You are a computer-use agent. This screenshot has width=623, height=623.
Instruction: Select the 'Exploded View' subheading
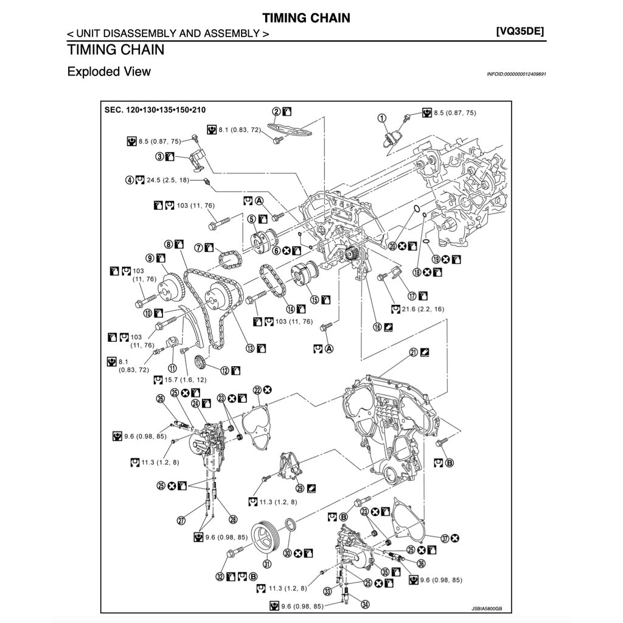pyautogui.click(x=109, y=71)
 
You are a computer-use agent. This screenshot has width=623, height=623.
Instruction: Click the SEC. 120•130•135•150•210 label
pyautogui.click(x=155, y=110)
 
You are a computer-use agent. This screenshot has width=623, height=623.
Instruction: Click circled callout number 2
pyautogui.click(x=276, y=111)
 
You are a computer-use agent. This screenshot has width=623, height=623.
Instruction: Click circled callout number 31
pyautogui.click(x=266, y=563)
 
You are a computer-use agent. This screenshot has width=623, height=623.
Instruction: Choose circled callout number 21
pyautogui.click(x=413, y=352)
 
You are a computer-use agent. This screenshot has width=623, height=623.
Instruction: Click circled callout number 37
pyautogui.click(x=445, y=538)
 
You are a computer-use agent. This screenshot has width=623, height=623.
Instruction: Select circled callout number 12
pyautogui.click(x=224, y=370)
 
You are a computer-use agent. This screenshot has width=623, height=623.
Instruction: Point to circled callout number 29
pyautogui.click(x=300, y=487)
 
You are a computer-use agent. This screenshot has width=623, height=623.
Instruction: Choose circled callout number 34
pyautogui.click(x=365, y=604)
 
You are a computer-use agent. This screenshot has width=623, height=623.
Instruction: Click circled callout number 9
pyautogui.click(x=149, y=257)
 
